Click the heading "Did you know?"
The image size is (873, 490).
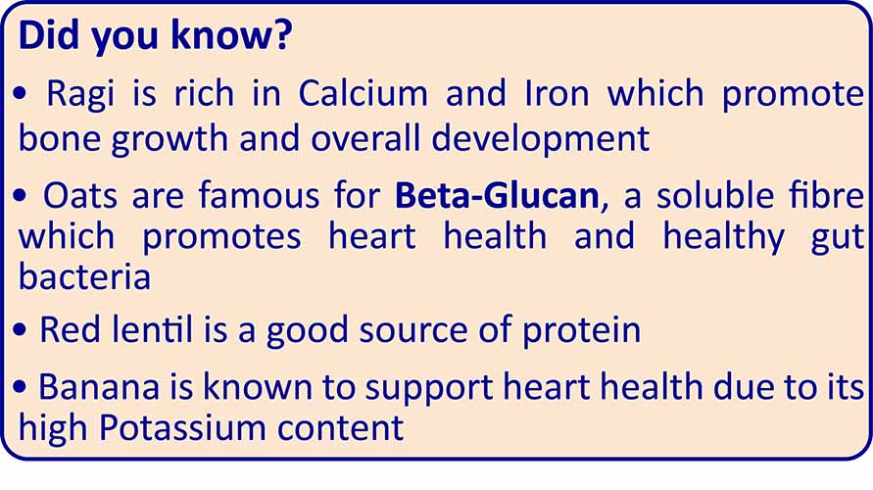[x=156, y=35]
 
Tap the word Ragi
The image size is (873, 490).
[x=80, y=94]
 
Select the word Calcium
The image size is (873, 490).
[x=363, y=92]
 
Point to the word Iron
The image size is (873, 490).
[x=557, y=93]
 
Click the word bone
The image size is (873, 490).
[x=59, y=138]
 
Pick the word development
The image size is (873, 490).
[x=541, y=139]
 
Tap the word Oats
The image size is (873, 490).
[x=80, y=197]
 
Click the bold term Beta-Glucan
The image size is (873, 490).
[x=497, y=195]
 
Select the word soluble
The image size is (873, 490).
[x=715, y=195]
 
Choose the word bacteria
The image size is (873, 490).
[x=84, y=276]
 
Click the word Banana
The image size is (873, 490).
[x=99, y=387]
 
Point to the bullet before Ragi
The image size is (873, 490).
[x=20, y=93]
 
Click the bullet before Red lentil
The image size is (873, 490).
[x=20, y=329]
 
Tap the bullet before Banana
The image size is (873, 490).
[x=20, y=386]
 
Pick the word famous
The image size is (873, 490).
[x=260, y=195]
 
